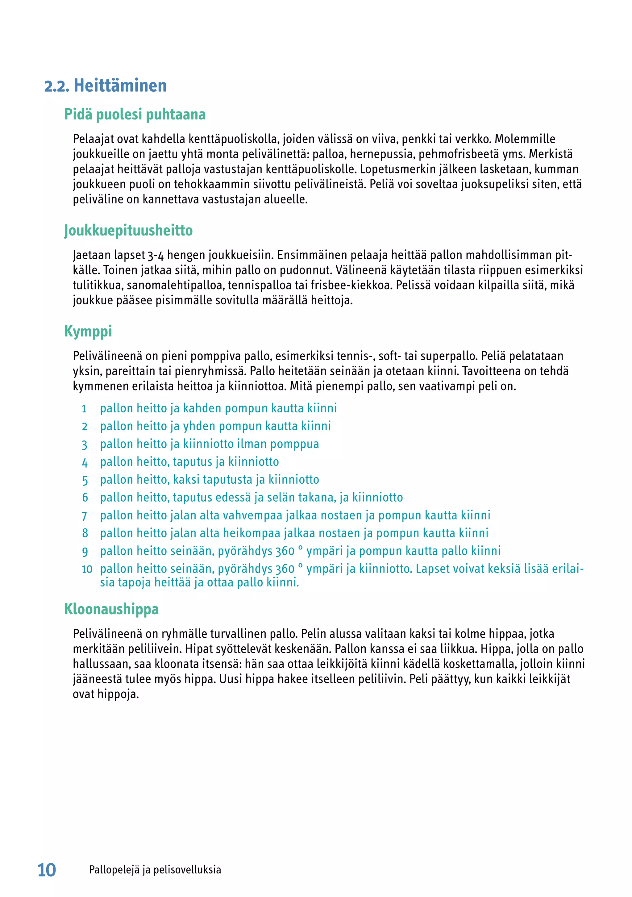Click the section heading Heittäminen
[120, 86]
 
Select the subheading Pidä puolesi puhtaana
[135, 115]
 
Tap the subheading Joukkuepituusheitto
[128, 231]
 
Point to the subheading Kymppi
[88, 331]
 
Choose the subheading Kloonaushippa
[111, 609]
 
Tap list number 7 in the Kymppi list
[84, 516]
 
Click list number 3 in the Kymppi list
[84, 444]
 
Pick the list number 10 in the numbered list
[87, 569]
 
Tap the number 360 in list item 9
[285, 551]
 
